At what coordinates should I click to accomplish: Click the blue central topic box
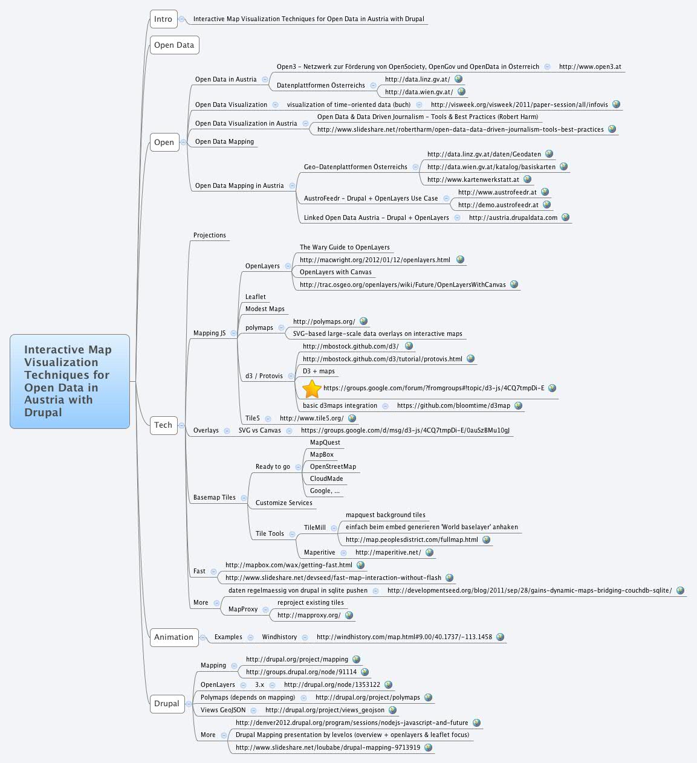[70, 381]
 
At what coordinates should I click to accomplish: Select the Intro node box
[163, 19]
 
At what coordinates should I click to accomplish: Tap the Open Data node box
[174, 45]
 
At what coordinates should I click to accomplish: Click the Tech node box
[163, 425]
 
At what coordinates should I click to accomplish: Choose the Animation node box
[173, 637]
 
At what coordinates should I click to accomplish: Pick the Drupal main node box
[167, 704]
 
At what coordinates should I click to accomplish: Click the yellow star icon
[311, 388]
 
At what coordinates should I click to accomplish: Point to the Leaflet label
[255, 297]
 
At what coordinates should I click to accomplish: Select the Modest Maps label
[265, 309]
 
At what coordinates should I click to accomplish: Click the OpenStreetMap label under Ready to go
[332, 467]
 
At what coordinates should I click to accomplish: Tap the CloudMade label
[326, 479]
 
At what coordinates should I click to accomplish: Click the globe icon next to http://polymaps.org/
[363, 321]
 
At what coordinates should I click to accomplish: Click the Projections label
[210, 236]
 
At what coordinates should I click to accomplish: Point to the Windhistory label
[279, 637]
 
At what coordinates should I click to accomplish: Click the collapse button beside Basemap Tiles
[244, 498]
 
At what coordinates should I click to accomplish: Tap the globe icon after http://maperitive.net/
[429, 552]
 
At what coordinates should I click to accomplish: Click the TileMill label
[314, 528]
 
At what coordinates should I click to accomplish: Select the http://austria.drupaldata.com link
[513, 218]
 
